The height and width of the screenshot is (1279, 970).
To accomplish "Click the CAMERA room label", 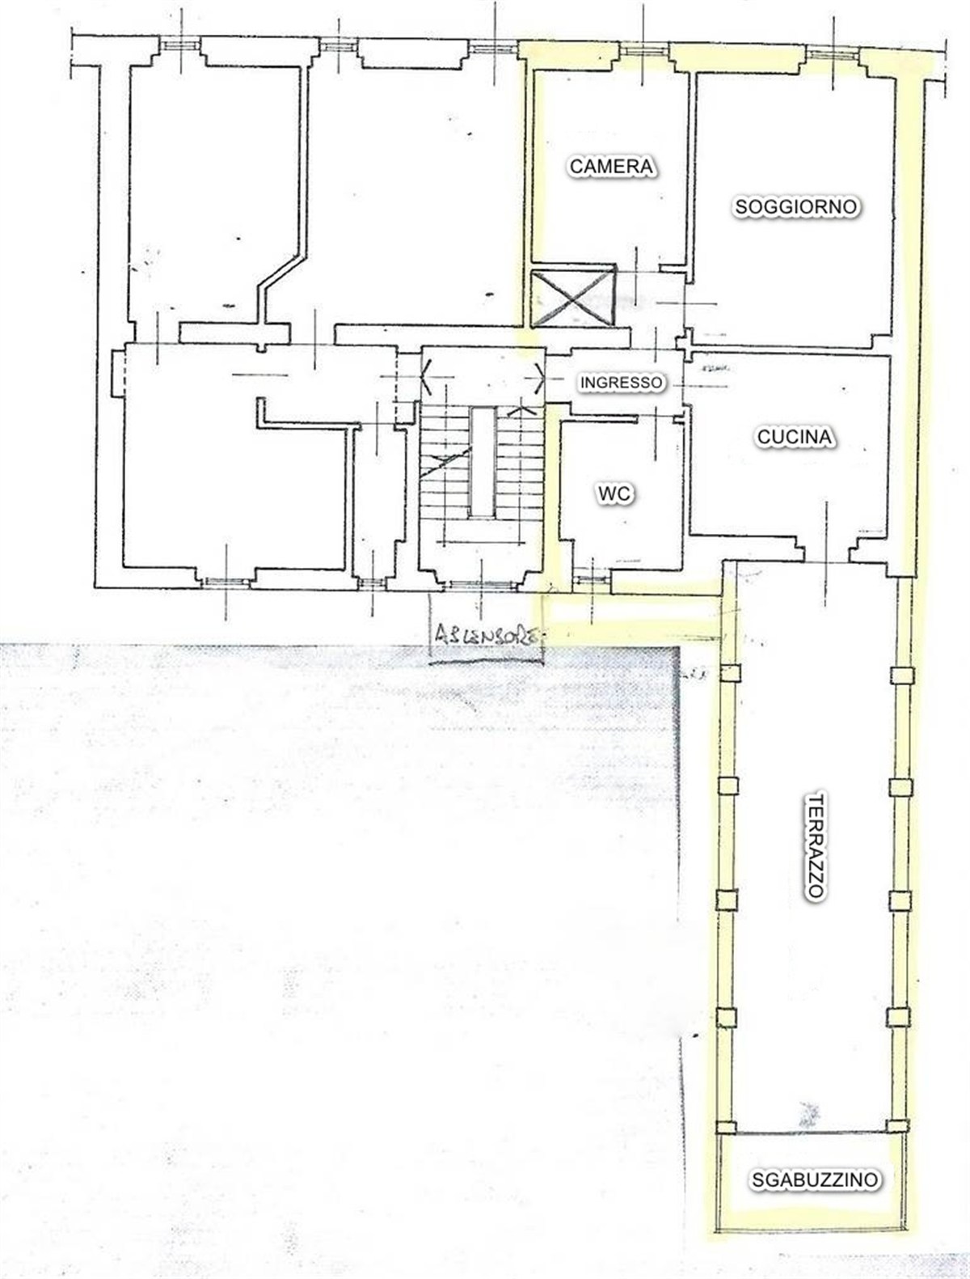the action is [611, 166].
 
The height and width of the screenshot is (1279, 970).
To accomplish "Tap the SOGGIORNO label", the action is [795, 206].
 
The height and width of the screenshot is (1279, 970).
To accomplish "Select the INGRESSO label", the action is [621, 382].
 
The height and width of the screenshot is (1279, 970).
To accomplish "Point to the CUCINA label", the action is [794, 437].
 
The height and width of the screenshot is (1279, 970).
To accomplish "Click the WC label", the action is [615, 494].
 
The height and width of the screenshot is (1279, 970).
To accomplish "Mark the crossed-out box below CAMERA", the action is [572, 299].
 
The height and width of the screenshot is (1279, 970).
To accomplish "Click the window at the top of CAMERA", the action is [643, 50].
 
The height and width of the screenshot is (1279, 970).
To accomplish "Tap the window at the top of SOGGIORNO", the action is [833, 53].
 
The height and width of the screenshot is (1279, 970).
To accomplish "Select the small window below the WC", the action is [590, 579].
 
